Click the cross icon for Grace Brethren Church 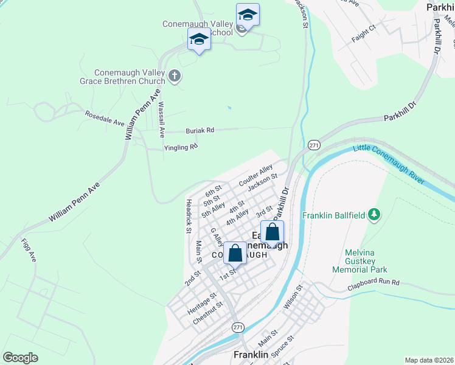(x=175, y=76)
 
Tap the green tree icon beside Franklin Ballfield (x=375, y=214)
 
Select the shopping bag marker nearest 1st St (x=235, y=253)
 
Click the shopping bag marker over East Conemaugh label (x=273, y=232)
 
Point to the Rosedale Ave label (x=104, y=117)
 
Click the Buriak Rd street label (x=200, y=130)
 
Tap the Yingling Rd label (x=181, y=147)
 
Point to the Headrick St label (x=189, y=216)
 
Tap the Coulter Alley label (x=255, y=175)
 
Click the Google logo (x=20, y=358)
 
